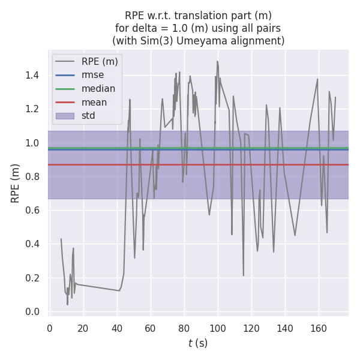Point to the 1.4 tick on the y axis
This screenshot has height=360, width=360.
pyautogui.click(x=32, y=76)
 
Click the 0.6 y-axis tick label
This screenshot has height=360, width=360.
pyautogui.click(x=32, y=211)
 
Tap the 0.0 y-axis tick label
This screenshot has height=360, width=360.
pyautogui.click(x=32, y=312)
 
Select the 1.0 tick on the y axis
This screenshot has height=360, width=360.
pyautogui.click(x=32, y=143)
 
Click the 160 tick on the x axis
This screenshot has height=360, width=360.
pyautogui.click(x=319, y=328)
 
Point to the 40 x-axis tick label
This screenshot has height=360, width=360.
pyautogui.click(x=117, y=328)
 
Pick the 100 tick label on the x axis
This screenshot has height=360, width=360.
pyautogui.click(x=218, y=328)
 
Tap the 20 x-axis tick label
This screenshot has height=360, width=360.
pyautogui.click(x=83, y=328)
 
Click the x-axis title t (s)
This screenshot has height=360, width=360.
pyautogui.click(x=198, y=343)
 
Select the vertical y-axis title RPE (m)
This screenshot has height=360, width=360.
pyautogui.click(x=16, y=183)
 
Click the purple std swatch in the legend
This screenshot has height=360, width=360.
pyautogui.click(x=65, y=116)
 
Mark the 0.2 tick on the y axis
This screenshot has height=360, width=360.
pyautogui.click(x=32, y=278)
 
